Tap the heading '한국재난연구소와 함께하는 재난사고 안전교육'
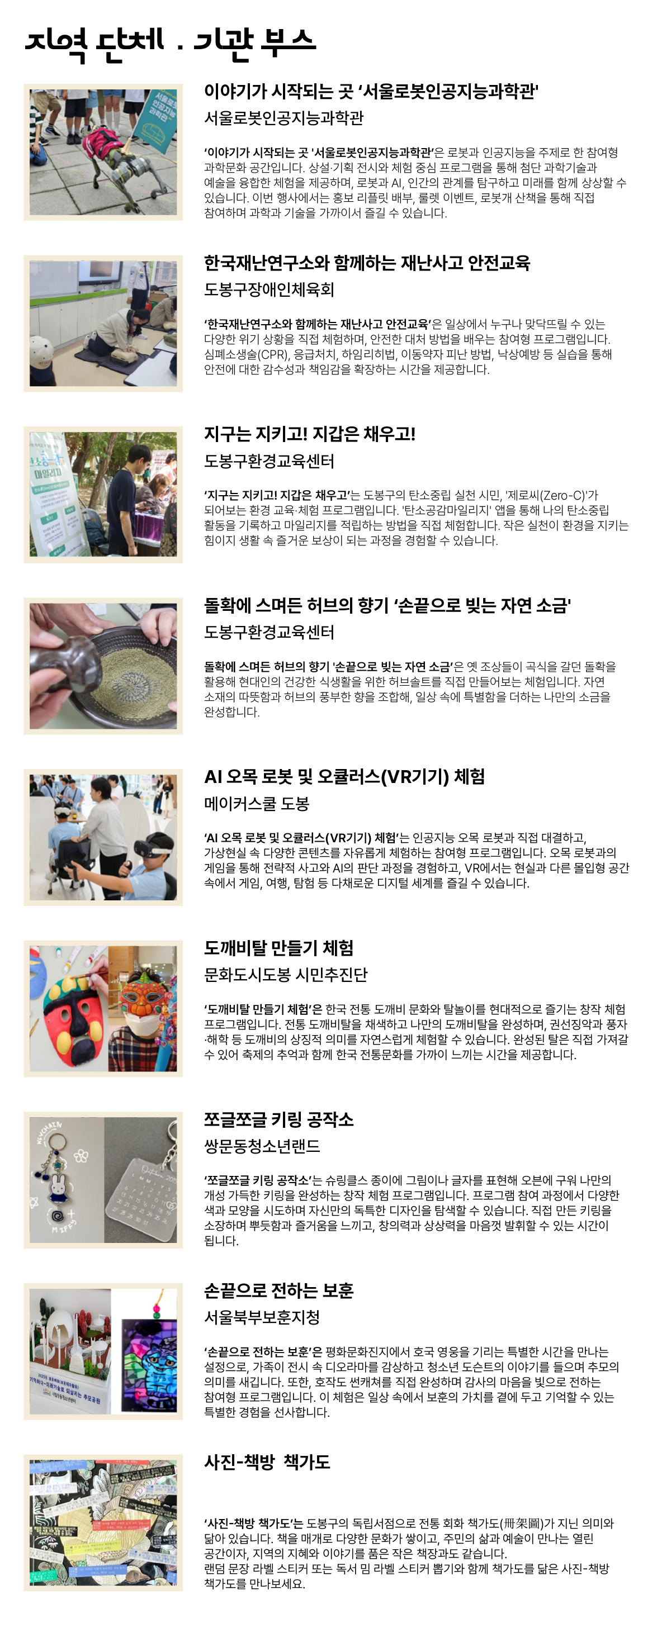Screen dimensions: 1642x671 [x=367, y=263]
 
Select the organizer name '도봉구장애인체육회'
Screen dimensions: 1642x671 [x=268, y=290]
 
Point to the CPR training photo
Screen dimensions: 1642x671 [x=103, y=323]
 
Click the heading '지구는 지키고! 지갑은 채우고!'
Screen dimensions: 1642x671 [x=309, y=434]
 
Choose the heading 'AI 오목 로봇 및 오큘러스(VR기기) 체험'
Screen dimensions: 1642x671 [x=344, y=776]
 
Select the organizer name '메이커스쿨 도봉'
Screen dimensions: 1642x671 [x=257, y=804]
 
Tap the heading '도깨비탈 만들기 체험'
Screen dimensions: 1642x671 [x=278, y=948]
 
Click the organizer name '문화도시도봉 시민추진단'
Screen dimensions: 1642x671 [x=285, y=975]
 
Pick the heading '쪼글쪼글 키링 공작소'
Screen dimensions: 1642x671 [x=278, y=1119]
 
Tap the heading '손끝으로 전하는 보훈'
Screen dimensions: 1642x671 [x=278, y=1291]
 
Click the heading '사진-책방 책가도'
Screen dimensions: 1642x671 [x=267, y=1462]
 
